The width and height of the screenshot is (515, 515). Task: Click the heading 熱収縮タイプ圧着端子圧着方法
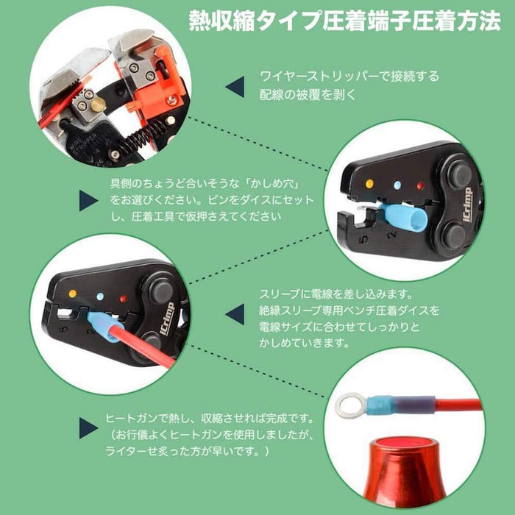(344, 21)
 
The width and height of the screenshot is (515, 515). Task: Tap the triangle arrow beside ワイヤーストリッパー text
(235, 87)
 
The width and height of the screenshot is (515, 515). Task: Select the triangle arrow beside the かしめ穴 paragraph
(88, 200)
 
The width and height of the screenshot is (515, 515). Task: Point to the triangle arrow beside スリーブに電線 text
(235, 314)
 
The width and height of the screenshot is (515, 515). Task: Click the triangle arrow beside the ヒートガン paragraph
(88, 428)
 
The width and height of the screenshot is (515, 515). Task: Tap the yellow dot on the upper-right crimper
(369, 184)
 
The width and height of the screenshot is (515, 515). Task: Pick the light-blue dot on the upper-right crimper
(398, 185)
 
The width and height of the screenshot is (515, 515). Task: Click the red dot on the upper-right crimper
(420, 186)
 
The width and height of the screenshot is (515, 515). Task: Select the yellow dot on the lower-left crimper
(73, 294)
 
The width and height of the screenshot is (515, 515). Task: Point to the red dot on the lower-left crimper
(123, 299)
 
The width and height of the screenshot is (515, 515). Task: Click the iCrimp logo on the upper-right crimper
(468, 205)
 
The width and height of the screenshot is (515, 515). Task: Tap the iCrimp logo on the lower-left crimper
(167, 319)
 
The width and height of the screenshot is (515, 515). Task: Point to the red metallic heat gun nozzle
(405, 472)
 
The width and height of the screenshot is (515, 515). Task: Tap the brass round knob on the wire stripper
(98, 105)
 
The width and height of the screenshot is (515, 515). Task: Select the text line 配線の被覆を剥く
(308, 95)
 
